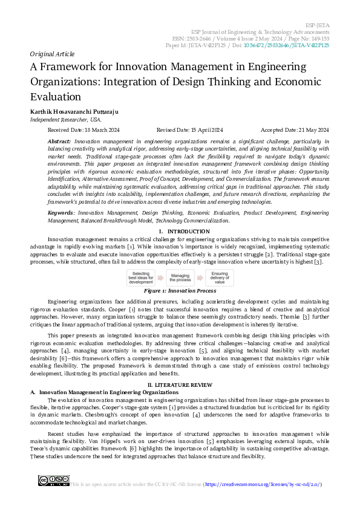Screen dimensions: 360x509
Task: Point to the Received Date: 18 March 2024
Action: pos(83,130)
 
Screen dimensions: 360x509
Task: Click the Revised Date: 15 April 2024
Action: pos(189,130)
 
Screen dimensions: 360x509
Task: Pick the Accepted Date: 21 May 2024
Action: pos(294,130)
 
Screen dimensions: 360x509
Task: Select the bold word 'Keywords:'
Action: pos(61,213)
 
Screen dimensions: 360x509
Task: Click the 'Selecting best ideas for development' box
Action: pos(140,277)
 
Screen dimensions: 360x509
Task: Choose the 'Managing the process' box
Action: pos(180,277)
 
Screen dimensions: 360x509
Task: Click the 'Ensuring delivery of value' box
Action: pos(218,277)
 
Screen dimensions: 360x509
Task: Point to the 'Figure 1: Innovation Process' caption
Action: pos(180,291)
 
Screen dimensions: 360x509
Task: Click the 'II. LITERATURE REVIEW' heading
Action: pos(180,384)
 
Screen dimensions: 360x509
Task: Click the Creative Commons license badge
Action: pos(53,481)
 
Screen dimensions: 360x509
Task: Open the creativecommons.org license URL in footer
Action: pos(263,484)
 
